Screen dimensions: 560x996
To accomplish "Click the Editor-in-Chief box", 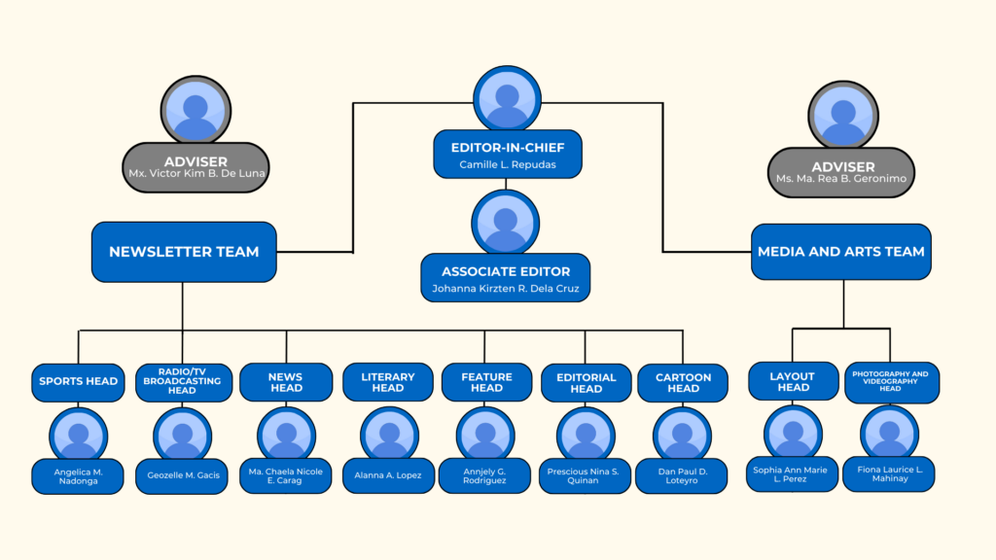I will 507,155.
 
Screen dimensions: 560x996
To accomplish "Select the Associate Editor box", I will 505,278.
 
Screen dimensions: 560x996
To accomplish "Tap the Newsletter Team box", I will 184,252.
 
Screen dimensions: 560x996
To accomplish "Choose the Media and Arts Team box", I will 841,252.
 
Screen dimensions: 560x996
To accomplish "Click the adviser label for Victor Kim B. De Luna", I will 196,167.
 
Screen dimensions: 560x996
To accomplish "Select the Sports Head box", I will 79,381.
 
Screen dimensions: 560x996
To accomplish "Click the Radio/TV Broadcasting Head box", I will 183,382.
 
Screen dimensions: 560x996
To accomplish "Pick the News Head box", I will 286,382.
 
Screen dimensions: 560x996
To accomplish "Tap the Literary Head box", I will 388,382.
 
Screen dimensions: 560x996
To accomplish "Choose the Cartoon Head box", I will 683,383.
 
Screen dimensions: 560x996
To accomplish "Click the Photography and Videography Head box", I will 890,382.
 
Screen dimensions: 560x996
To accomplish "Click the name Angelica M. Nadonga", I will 77,476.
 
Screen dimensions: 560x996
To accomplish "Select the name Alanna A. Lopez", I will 388,475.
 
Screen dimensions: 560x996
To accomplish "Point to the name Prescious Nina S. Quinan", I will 586,476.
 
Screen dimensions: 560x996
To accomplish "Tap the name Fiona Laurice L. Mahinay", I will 889,473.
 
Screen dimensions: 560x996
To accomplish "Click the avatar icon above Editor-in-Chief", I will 507,99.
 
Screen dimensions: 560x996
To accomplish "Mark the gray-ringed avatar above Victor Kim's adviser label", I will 196,109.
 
